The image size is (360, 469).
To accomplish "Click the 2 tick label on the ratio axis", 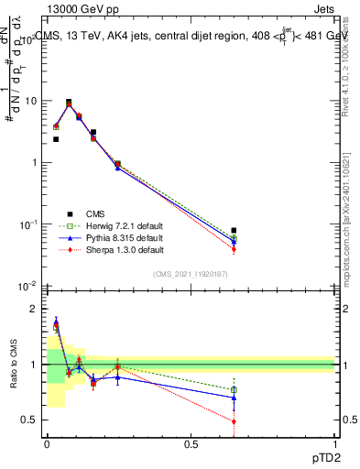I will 34,310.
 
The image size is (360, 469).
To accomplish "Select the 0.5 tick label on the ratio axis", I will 29,420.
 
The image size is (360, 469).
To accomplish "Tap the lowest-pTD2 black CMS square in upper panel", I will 56,139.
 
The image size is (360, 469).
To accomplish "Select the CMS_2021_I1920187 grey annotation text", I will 191,274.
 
